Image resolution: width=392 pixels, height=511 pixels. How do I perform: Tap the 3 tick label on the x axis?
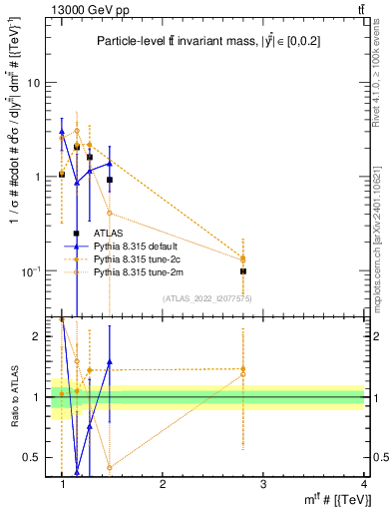[263, 484]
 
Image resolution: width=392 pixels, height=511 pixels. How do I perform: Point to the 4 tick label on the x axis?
[363, 484]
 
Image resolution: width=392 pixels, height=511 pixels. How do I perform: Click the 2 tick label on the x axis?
[163, 484]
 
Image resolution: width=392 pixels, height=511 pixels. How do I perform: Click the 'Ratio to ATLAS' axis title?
[12, 397]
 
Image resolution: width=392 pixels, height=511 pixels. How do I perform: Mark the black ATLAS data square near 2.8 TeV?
[243, 270]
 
